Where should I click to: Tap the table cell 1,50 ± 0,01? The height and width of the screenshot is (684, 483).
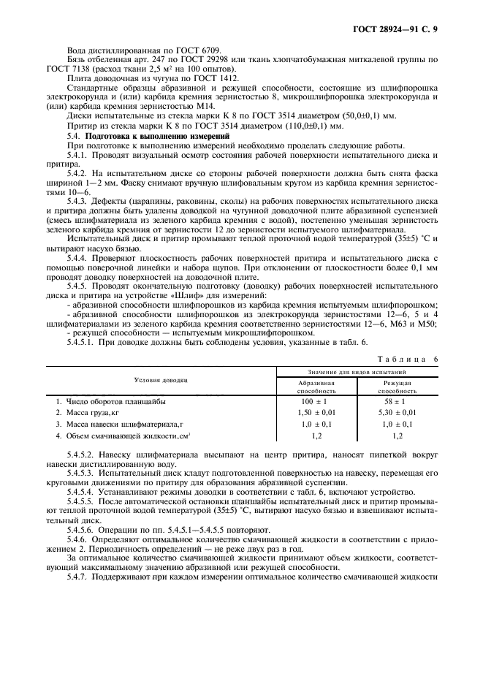click(316, 413)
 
